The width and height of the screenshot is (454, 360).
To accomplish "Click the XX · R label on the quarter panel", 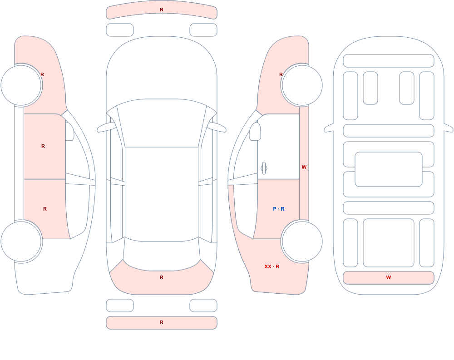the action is (x=271, y=266).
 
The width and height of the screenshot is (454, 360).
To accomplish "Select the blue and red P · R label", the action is (x=279, y=209).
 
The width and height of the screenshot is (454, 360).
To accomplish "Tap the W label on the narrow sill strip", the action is (x=304, y=167).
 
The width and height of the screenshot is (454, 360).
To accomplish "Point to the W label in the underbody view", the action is (x=389, y=277).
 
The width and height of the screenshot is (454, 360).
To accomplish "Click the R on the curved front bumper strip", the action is (x=162, y=10).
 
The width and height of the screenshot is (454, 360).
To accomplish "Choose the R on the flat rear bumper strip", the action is (x=162, y=322).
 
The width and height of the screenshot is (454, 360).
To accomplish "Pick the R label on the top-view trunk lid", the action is (x=162, y=277).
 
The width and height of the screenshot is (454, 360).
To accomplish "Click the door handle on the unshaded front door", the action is (x=264, y=168).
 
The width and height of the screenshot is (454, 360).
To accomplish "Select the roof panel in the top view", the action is (x=162, y=194).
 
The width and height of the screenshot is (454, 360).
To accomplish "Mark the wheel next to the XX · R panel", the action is (x=302, y=241).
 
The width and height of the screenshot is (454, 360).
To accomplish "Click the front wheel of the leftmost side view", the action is (x=21, y=85).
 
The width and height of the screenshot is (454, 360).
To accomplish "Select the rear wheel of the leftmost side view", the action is (x=21, y=241).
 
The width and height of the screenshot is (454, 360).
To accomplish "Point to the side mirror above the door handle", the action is (x=255, y=132).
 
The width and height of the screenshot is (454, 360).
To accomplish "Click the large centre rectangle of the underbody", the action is (x=389, y=169).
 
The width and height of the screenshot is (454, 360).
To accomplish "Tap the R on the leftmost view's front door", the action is (x=43, y=146).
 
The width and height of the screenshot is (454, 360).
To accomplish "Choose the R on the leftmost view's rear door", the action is (x=45, y=209).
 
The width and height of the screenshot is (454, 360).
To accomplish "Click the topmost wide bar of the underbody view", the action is (x=389, y=61).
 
